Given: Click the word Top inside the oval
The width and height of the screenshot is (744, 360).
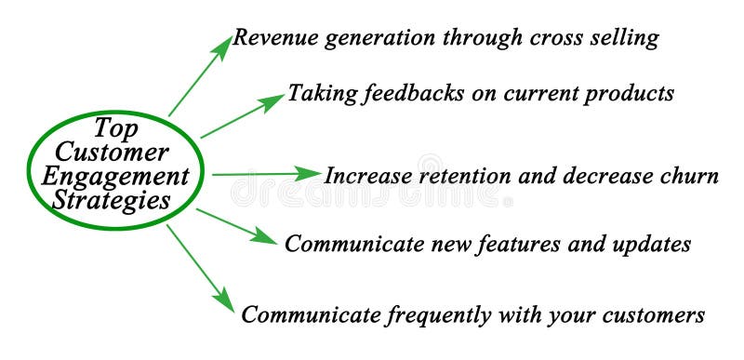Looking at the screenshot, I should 113,127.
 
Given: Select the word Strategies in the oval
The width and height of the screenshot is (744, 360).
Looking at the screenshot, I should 113,199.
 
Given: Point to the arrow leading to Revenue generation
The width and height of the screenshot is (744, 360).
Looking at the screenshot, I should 200,76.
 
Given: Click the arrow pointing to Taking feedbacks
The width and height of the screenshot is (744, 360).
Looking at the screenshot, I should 242,116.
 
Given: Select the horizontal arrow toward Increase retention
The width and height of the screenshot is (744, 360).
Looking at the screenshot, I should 266,174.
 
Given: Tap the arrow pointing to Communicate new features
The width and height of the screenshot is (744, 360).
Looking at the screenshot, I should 236,226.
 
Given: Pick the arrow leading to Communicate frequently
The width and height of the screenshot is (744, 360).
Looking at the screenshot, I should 200,267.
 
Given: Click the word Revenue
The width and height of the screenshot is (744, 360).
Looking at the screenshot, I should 271,38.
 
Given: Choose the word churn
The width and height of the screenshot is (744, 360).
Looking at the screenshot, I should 690,176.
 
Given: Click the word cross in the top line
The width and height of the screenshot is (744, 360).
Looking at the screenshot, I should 556,38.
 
